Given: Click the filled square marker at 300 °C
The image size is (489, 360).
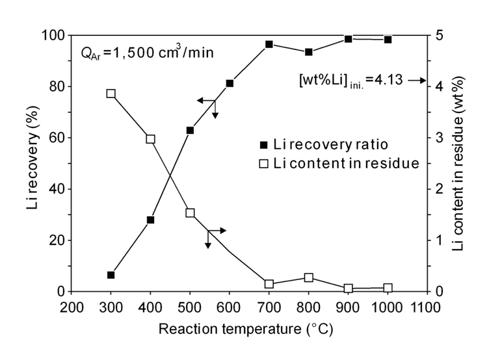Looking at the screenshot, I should pyautogui.click(x=111, y=275).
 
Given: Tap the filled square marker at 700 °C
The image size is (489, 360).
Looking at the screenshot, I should pyautogui.click(x=269, y=44).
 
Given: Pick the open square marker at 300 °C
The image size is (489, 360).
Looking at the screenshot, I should pyautogui.click(x=111, y=94).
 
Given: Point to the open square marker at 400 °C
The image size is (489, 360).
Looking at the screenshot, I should pyautogui.click(x=151, y=139).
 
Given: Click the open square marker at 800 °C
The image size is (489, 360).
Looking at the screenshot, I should pyautogui.click(x=309, y=277).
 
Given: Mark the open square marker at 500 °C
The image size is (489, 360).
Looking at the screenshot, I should pyautogui.click(x=191, y=212).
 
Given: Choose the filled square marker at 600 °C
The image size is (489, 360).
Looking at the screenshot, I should pyautogui.click(x=230, y=83).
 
